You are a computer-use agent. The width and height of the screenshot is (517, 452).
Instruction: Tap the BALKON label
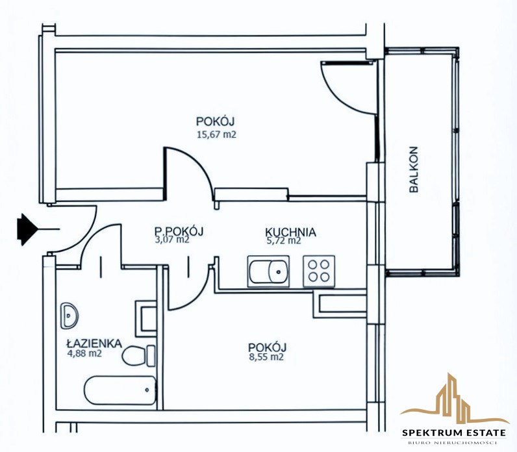(x=414, y=169)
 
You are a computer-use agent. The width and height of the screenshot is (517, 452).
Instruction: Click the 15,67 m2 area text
(x=217, y=134)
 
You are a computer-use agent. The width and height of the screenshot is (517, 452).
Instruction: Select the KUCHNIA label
(x=290, y=232)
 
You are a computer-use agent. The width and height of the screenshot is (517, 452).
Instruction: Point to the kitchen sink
(x=268, y=271)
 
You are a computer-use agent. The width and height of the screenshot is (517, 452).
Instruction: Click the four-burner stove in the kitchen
(x=319, y=271)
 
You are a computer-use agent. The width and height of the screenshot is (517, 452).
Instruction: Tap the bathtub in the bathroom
(x=120, y=390)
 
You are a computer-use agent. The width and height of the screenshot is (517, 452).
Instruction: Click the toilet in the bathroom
(x=138, y=355)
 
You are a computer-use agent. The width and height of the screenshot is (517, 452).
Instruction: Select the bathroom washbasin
(x=69, y=315)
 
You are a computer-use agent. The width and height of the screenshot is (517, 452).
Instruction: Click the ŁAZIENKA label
(x=94, y=344)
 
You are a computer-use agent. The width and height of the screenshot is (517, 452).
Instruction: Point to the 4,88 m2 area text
(x=84, y=353)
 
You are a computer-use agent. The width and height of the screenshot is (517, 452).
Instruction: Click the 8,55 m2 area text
(x=266, y=357)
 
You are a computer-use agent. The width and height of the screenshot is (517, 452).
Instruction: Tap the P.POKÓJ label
(x=179, y=231)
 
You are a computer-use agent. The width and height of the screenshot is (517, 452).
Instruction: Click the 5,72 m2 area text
(x=284, y=241)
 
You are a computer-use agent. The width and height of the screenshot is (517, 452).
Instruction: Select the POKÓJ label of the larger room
(x=215, y=121)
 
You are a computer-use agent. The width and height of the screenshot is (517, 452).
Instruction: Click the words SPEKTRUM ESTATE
(x=454, y=433)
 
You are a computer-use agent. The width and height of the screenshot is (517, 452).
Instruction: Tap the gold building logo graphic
(x=455, y=399)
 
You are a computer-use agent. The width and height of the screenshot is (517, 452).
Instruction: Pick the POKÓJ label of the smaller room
(x=267, y=347)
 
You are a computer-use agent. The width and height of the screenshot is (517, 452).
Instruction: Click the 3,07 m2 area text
(x=172, y=240)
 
